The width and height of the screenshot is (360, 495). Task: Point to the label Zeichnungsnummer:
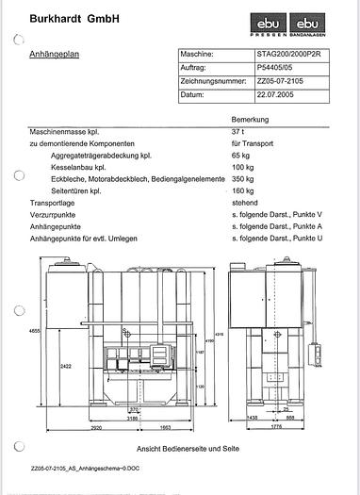pos(212,82)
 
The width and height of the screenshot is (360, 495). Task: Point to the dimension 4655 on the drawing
pos(9,331)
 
